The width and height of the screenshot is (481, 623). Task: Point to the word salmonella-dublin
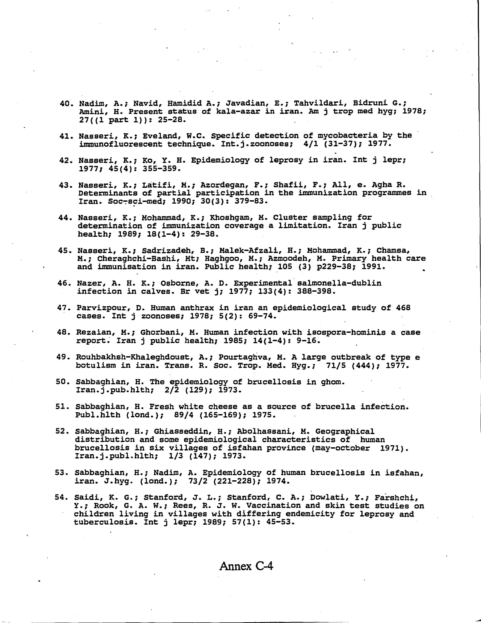coord(339,283)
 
